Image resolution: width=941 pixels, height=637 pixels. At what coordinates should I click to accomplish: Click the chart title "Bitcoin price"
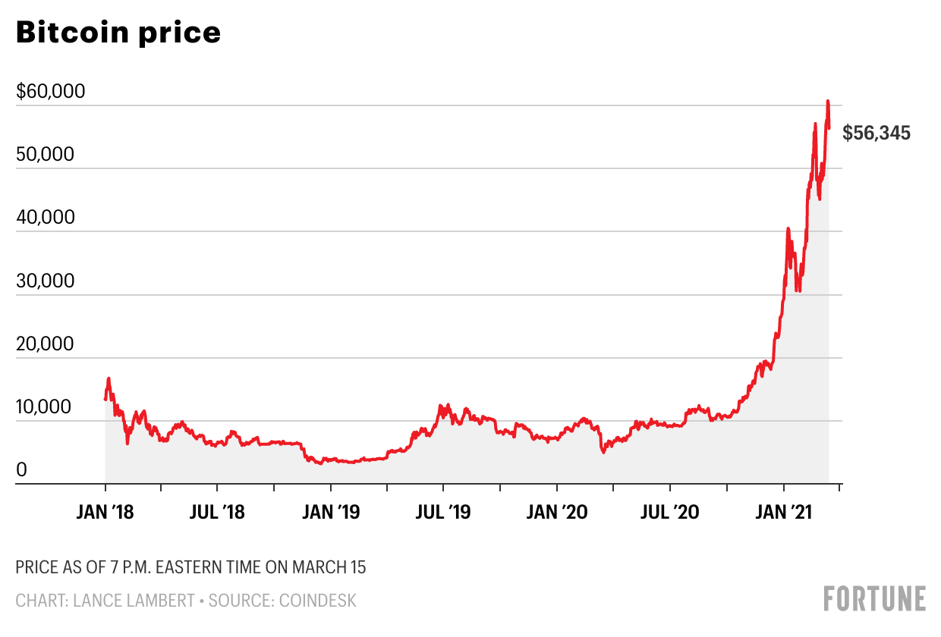[x=118, y=33]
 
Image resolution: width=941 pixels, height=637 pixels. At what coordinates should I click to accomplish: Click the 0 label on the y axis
[x=21, y=470]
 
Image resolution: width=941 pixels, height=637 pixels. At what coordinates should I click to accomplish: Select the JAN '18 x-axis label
[x=105, y=512]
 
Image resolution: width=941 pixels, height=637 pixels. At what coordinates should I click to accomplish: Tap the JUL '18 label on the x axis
[x=217, y=512]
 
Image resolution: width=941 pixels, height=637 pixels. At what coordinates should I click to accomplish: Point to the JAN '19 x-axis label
[x=331, y=512]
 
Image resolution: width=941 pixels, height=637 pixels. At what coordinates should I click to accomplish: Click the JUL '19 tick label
[x=443, y=512]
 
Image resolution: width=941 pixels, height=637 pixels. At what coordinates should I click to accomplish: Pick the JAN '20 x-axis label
[x=557, y=512]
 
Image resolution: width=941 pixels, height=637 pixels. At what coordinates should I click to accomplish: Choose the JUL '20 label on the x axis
[x=669, y=512]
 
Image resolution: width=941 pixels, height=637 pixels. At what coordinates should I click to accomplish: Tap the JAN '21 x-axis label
[x=784, y=512]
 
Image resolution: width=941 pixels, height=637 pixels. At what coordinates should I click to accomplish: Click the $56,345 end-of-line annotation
[x=876, y=133]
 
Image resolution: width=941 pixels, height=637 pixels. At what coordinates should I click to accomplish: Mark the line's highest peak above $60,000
[x=828, y=101]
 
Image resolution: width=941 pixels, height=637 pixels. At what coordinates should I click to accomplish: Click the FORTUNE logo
[x=875, y=598]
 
